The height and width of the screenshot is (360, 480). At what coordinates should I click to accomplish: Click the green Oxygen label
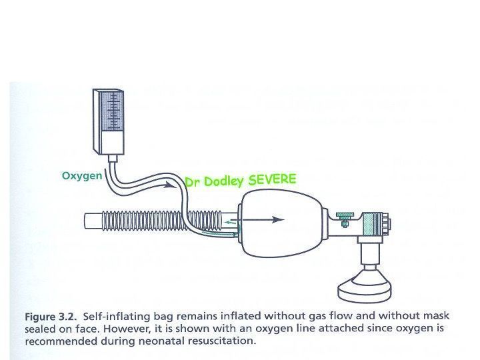click(x=82, y=176)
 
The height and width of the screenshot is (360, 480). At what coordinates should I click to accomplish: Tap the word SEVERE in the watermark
click(x=272, y=179)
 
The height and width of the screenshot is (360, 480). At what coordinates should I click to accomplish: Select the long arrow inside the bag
click(x=263, y=219)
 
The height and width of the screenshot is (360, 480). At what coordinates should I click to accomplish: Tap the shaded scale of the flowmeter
click(x=112, y=111)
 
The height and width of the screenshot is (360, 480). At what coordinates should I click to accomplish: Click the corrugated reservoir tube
click(x=161, y=220)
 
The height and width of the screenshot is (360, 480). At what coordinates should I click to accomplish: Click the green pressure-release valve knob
click(x=345, y=215)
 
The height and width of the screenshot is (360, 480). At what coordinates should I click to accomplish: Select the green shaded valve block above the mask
click(x=371, y=225)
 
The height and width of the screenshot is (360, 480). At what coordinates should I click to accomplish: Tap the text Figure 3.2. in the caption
click(x=51, y=317)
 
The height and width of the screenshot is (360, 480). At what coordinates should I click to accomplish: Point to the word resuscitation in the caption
click(x=221, y=341)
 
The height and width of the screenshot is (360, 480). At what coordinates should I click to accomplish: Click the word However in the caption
click(x=127, y=329)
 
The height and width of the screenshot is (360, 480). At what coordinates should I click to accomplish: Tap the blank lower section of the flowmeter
click(x=112, y=142)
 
